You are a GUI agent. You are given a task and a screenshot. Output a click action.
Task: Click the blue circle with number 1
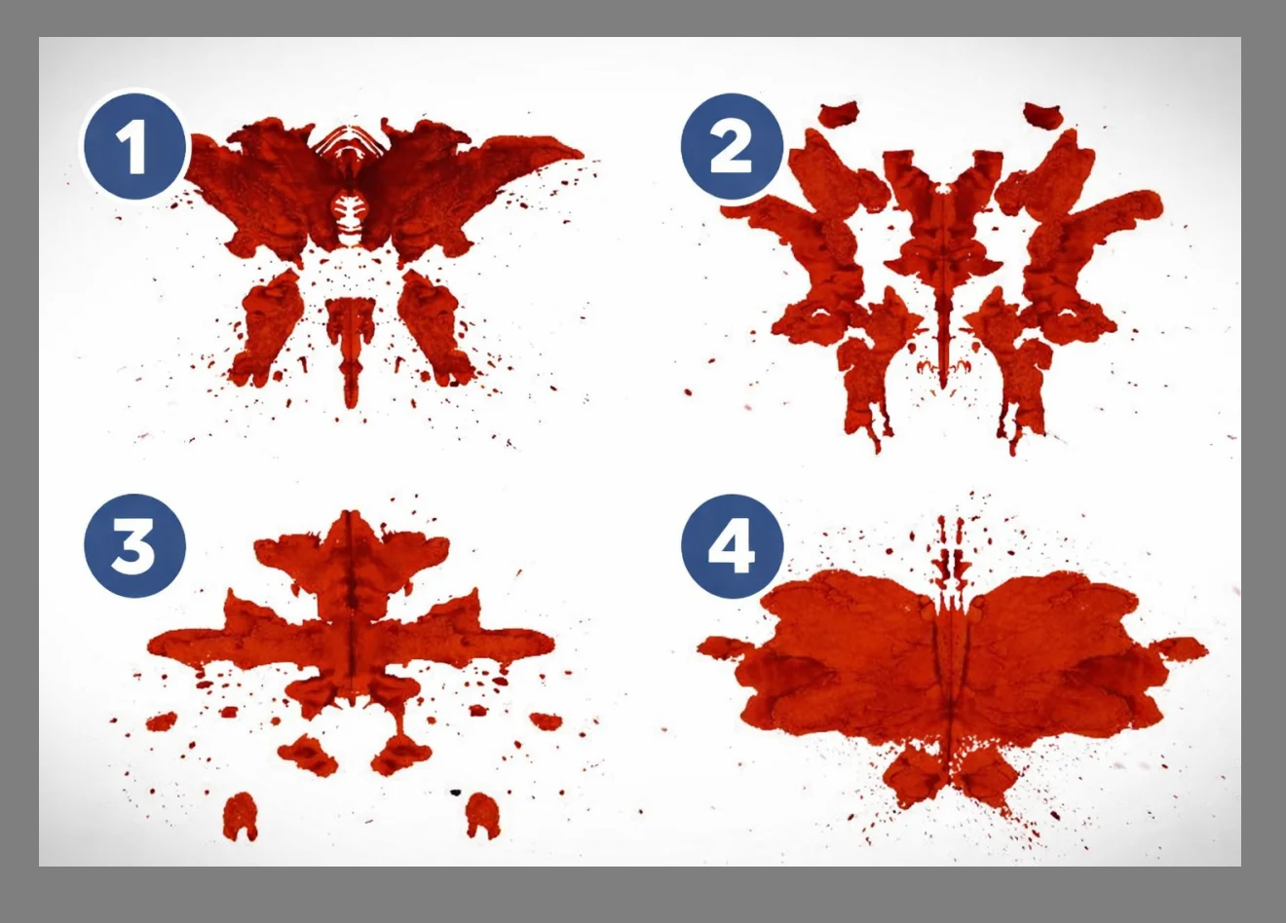[x=135, y=146]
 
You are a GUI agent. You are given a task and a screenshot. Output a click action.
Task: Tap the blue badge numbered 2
[x=732, y=146]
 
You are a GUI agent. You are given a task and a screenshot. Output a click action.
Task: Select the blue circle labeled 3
[x=134, y=545]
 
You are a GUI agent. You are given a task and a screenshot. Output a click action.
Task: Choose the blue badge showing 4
[x=732, y=545]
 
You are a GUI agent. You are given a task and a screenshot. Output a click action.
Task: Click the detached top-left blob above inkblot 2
[x=840, y=114]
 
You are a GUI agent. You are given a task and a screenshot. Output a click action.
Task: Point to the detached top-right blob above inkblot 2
[x=1042, y=115]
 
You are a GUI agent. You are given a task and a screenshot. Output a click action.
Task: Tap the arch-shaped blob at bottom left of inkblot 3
[x=240, y=816]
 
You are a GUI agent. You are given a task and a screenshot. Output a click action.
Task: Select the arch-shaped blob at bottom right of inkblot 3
[x=483, y=816]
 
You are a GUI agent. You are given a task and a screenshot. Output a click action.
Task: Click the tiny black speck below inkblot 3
[x=456, y=793]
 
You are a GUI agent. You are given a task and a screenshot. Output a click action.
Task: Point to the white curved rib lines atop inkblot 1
[x=351, y=140]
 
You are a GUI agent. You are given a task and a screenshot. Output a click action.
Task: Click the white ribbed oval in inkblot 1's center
[x=350, y=216]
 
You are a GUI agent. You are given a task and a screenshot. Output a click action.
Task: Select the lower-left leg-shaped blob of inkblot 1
[x=268, y=327]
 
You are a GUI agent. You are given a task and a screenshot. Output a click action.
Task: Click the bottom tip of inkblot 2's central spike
[x=943, y=387]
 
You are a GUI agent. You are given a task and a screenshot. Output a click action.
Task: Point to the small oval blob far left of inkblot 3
[x=162, y=721]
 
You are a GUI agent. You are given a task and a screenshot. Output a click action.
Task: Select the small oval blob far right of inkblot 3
[x=546, y=721]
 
